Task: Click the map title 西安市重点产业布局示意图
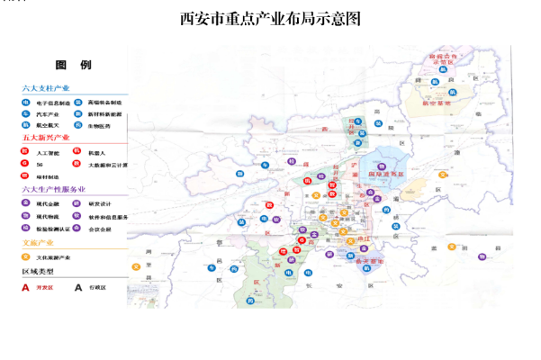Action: [x=270, y=19]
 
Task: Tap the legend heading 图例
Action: [x=73, y=66]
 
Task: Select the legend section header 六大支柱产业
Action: [x=46, y=89]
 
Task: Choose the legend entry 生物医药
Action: [x=100, y=127]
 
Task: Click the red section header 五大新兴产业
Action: [x=46, y=139]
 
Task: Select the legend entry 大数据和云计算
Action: [x=108, y=165]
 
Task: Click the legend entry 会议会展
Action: [x=100, y=229]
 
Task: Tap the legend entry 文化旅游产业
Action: [x=54, y=257]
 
